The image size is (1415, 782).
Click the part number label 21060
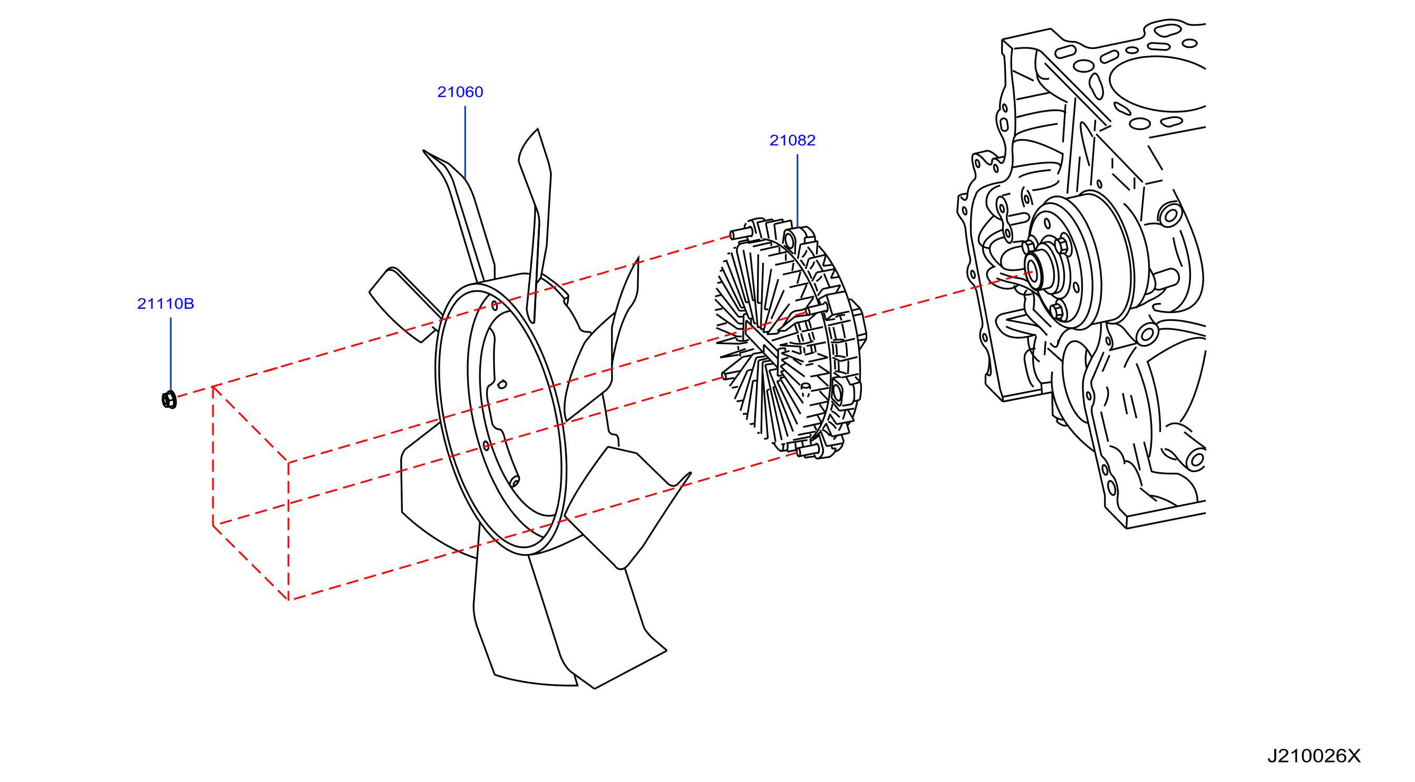(460, 92)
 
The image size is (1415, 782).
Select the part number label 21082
(792, 140)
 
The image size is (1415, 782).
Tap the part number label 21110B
(166, 304)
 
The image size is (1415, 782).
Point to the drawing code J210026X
(1314, 756)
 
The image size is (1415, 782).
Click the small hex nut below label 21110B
(169, 399)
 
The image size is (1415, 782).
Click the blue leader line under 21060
(466, 142)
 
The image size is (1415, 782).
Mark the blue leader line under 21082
(797, 191)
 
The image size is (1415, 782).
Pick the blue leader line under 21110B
(171, 354)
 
